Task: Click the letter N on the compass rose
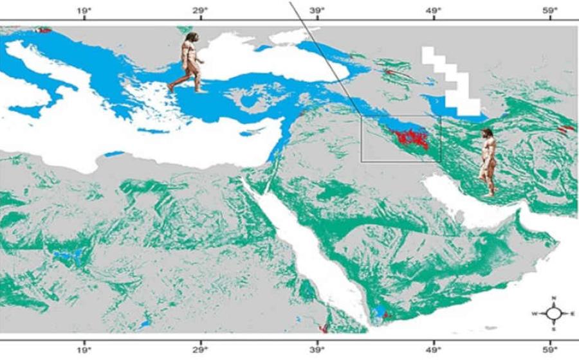(553, 298)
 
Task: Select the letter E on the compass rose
(572, 314)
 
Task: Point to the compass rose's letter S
(553, 329)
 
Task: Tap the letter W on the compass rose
(534, 314)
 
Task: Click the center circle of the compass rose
(553, 314)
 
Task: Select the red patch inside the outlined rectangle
(409, 138)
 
